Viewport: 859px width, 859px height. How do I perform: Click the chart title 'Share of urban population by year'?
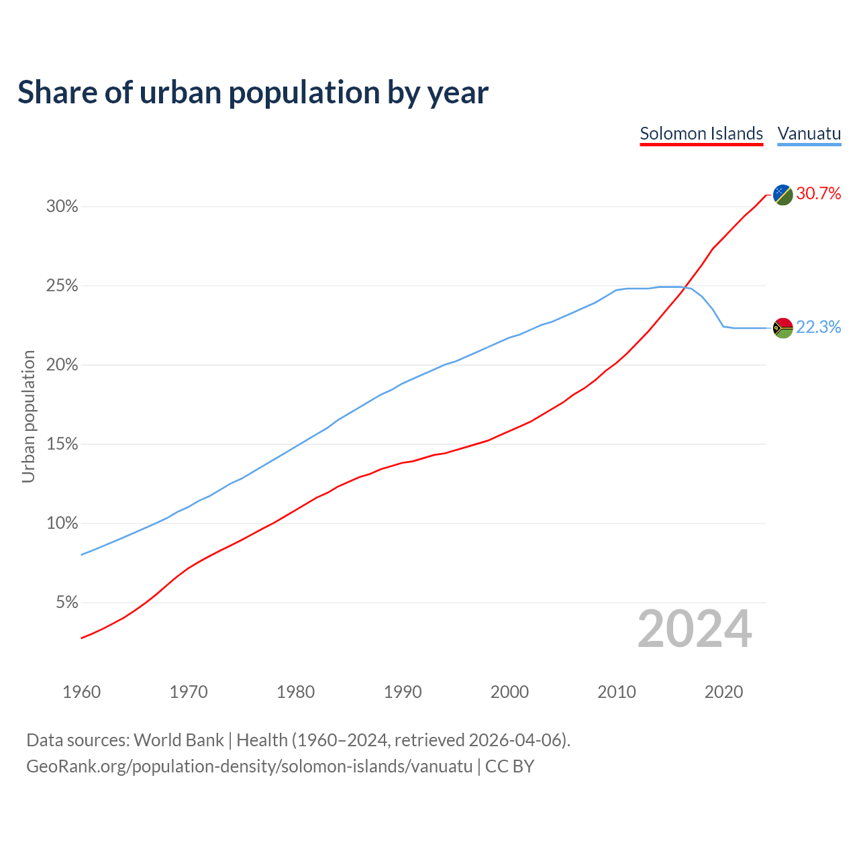pos(253,93)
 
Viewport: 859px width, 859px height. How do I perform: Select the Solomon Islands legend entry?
pos(701,134)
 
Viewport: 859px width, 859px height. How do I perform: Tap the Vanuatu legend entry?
pos(809,134)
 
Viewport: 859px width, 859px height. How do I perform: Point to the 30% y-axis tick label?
pos(62,207)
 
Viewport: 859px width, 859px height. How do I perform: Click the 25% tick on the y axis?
pos(62,286)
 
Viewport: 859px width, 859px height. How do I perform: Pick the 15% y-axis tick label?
pos(62,444)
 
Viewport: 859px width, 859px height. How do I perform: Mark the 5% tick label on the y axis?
pos(66,603)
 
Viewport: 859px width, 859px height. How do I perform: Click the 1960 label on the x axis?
pos(81,692)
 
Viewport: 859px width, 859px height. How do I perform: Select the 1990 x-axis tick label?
pos(403,692)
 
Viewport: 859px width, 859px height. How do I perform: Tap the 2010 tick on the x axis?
pos(617,692)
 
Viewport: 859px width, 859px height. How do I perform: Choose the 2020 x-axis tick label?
pos(723,692)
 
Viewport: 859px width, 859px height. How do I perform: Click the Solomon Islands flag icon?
pos(783,195)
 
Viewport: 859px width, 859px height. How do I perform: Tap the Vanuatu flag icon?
pos(783,327)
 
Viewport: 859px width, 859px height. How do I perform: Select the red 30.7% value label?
pos(819,194)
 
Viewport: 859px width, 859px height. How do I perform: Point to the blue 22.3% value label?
pos(819,327)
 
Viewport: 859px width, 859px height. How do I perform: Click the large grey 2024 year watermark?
pos(695,629)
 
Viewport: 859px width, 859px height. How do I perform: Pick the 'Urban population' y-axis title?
pos(28,416)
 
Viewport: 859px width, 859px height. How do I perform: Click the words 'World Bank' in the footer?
pos(179,740)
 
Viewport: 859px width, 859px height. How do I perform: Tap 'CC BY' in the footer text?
pos(509,766)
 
